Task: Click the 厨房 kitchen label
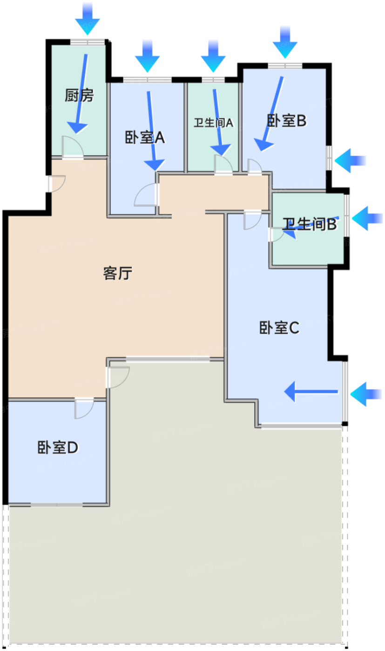coord(79,96)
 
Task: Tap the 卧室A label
coord(145,138)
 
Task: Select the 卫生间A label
coord(213,123)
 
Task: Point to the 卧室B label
coord(286,121)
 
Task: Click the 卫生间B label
coord(311,225)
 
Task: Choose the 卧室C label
coord(279,328)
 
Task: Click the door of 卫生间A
coord(223,165)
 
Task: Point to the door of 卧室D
coord(84,408)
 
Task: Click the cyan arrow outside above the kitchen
coord(88,19)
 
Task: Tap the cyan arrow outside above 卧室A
coord(147,56)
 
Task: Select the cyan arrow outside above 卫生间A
coord(213,56)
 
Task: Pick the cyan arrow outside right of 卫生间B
coord(367,217)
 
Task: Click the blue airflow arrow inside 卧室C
coord(311,392)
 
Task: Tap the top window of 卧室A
coord(147,80)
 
